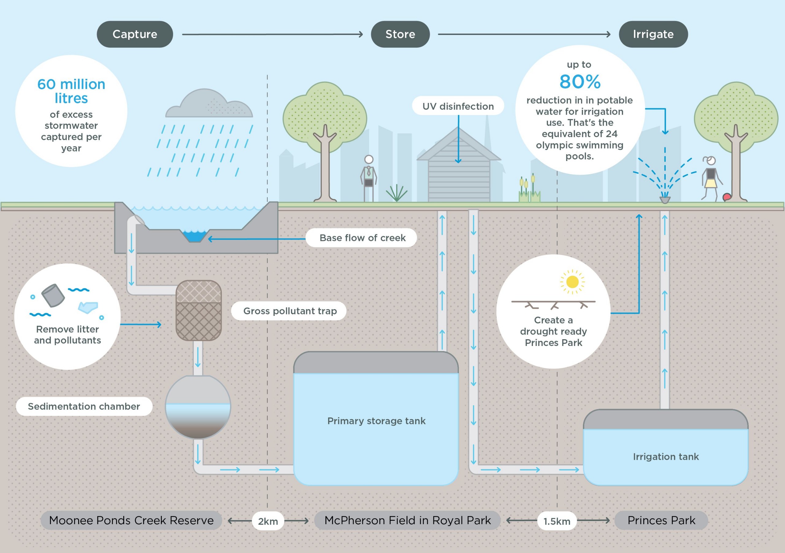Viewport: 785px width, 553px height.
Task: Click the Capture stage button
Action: coord(135,34)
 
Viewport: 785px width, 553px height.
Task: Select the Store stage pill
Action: coord(400,34)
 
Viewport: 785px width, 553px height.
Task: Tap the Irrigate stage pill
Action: coord(653,34)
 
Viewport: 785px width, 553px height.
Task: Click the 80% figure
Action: coord(580,82)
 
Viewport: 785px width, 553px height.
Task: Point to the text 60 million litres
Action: coord(71,91)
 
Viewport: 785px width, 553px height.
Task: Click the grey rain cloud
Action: coord(209,103)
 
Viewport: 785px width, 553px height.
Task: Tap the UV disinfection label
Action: coord(458,106)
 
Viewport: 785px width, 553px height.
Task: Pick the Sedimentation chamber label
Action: coord(84,406)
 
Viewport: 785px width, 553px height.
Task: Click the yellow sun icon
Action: coord(572,282)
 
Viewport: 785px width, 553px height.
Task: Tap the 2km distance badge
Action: coord(268,521)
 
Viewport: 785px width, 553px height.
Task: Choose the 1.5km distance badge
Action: coord(557,521)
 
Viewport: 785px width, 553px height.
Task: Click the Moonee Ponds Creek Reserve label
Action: coord(131,520)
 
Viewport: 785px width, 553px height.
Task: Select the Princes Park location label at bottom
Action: coord(661,520)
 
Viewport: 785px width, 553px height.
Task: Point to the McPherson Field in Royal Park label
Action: coord(408,520)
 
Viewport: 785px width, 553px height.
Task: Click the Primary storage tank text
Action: coord(377,421)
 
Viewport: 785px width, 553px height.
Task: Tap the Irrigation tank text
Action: coord(666,457)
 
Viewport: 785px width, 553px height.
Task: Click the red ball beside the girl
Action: coord(726,197)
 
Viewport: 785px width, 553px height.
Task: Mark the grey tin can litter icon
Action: coord(53,295)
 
